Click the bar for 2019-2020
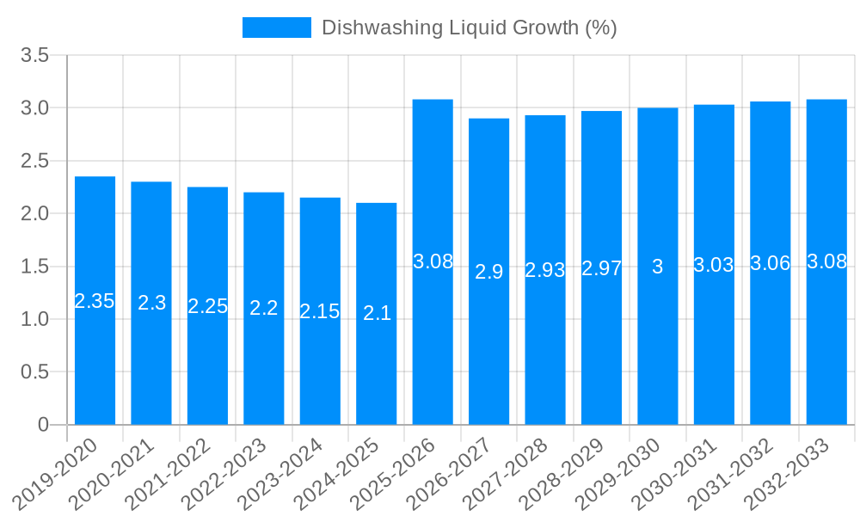click(95, 300)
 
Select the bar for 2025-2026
click(433, 261)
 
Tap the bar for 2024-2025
click(377, 313)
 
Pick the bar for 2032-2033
click(826, 261)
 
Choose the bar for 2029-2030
click(658, 266)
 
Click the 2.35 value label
click(95, 301)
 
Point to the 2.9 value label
click(489, 272)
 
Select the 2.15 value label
click(320, 311)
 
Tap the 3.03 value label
click(714, 265)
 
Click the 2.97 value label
click(601, 267)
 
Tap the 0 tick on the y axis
click(44, 425)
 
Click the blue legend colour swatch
click(277, 28)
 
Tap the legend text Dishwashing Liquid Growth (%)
click(469, 28)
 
